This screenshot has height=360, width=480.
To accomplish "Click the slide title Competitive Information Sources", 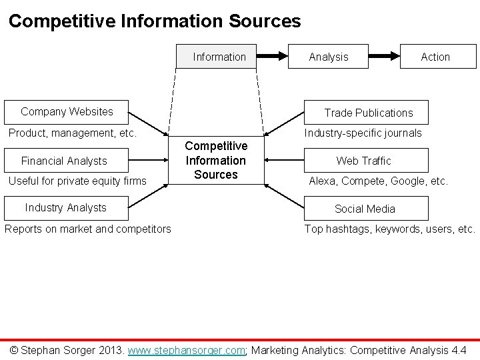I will coord(155,21).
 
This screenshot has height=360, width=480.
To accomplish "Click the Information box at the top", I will coord(219,57).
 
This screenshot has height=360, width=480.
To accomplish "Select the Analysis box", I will coord(328,57).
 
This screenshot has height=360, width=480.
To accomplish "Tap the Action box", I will coord(435,57).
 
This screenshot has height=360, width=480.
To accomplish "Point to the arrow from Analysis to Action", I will coord(383,57).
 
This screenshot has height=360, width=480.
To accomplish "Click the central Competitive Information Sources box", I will coord(216,160).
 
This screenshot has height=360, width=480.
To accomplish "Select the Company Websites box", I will coord(67,111).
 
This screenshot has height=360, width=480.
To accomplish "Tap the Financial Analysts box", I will coord(64,161).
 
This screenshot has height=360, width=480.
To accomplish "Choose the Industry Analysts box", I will coord(65,207).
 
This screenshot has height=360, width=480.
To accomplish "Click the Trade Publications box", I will coord(368,113).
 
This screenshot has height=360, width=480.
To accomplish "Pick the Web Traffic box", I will coord(363,161).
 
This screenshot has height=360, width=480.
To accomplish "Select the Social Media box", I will coord(365,209).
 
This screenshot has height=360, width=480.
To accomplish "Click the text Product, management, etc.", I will coord(72,133).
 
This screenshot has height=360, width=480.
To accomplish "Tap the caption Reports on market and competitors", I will coord(87,229).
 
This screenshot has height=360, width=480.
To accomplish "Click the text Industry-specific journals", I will coord(363,133).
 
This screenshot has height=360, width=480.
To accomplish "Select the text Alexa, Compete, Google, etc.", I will coord(378,181).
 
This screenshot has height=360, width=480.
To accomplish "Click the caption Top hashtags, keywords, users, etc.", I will coord(390,229).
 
